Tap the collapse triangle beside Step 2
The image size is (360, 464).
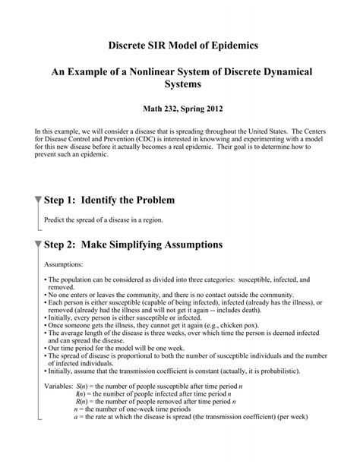(39, 245)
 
